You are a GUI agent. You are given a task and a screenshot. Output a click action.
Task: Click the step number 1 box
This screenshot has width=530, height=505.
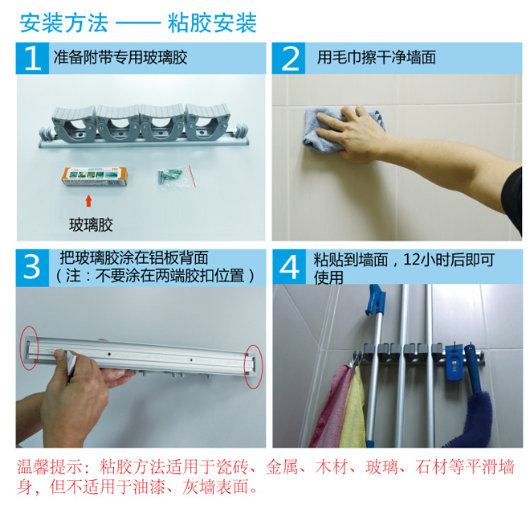pyautogui.click(x=32, y=58)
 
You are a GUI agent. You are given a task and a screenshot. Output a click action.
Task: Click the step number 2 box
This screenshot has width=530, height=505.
pyautogui.click(x=288, y=58)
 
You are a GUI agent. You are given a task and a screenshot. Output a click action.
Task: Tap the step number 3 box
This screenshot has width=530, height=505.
pyautogui.click(x=32, y=268)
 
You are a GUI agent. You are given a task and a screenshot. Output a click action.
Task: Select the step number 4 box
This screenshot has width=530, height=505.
pyautogui.click(x=289, y=267)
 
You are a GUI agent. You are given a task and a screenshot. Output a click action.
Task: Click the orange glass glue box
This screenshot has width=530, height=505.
pyautogui.click(x=94, y=176)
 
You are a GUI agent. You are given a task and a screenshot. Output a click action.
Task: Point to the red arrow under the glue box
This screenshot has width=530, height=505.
pyautogui.click(x=88, y=200)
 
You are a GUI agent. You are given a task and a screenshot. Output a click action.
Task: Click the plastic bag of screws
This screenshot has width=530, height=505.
pyautogui.click(x=177, y=177)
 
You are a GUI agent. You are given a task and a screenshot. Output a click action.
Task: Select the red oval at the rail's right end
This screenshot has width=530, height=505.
pyautogui.click(x=254, y=366)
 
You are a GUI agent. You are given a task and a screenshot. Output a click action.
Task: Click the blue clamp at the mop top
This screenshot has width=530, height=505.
pyautogui.click(x=375, y=300)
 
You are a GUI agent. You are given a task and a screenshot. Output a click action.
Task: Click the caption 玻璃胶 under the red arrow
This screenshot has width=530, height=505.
pyautogui.click(x=91, y=225)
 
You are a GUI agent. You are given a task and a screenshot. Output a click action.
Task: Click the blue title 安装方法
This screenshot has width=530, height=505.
pyautogui.click(x=64, y=23)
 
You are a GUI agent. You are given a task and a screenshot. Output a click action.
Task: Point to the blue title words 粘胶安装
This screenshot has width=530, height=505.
pyautogui.click(x=212, y=23)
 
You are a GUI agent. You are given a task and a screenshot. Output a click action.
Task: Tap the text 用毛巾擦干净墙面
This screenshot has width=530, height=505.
pyautogui.click(x=376, y=58)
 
